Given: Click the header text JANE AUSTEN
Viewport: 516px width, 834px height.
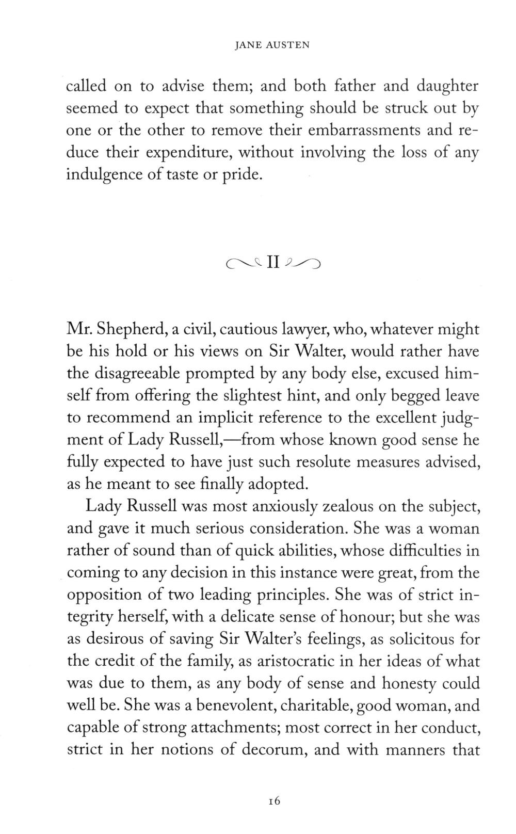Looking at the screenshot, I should [272, 45].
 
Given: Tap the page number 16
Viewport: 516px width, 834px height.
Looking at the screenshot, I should [273, 801].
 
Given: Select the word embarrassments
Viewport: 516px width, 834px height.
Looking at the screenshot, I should [364, 130].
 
